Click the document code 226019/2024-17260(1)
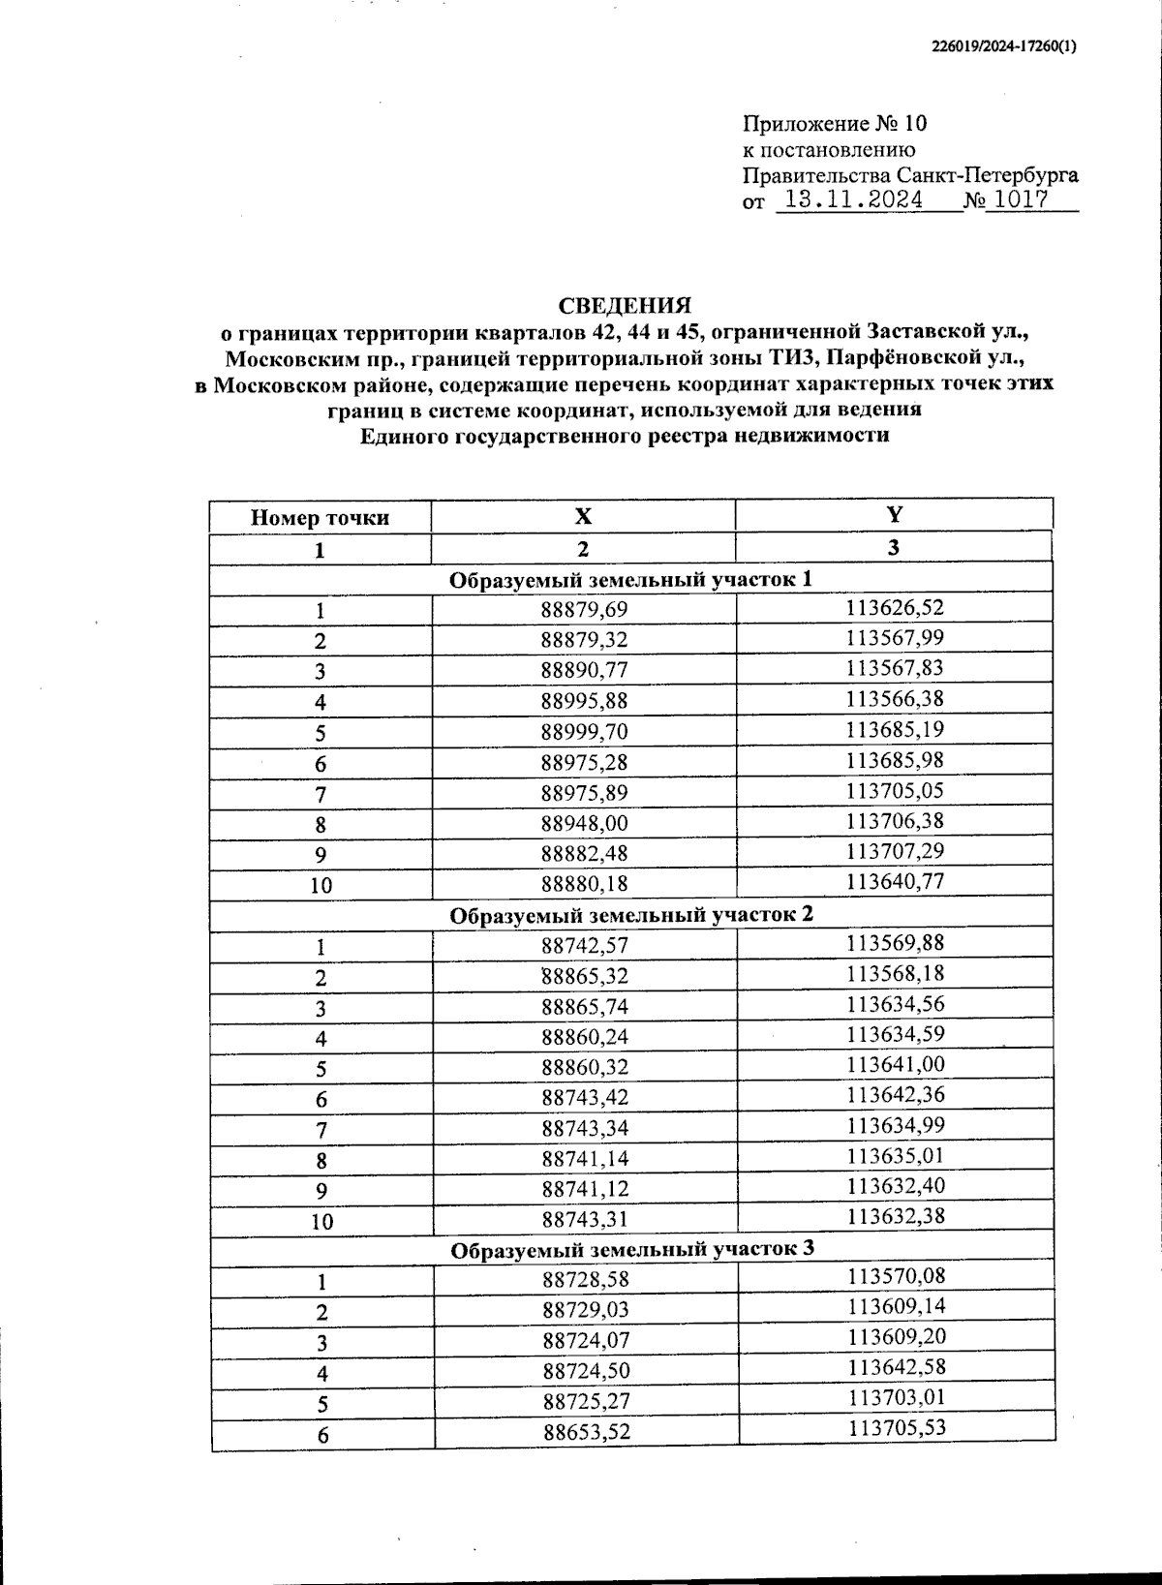click(x=1003, y=46)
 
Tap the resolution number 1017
click(x=1021, y=200)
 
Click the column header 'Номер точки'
click(x=320, y=517)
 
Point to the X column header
click(x=582, y=516)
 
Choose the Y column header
click(x=894, y=514)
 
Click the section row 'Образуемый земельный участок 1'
click(x=630, y=579)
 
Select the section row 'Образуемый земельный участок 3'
click(x=632, y=1249)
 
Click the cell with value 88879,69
click(x=584, y=610)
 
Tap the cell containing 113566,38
click(x=895, y=699)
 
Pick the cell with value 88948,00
click(x=584, y=823)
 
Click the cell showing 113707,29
click(x=895, y=851)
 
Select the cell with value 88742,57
click(x=585, y=945)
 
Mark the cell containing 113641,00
click(x=896, y=1064)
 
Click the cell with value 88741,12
click(x=585, y=1188)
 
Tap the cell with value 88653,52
click(x=586, y=1431)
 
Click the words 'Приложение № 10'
click(x=834, y=124)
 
